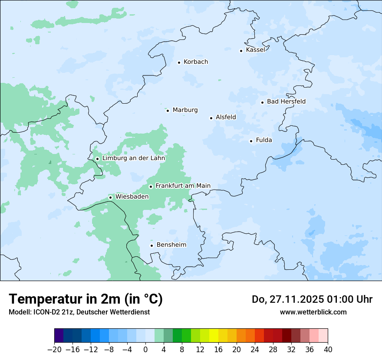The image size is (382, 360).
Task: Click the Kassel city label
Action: click(255, 50)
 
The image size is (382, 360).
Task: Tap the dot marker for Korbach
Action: click(179, 62)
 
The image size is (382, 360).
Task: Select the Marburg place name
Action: click(185, 110)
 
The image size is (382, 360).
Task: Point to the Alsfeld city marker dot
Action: click(211, 118)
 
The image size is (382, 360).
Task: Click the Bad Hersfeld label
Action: click(286, 102)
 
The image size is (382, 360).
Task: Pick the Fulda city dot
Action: click(251, 141)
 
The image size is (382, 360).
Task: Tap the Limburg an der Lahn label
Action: click(133, 158)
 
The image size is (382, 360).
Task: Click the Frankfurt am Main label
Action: click(183, 186)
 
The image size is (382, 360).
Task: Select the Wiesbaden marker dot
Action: click(111, 197)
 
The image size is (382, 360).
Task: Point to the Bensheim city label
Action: click(171, 245)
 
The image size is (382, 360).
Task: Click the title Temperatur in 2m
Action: click(86, 299)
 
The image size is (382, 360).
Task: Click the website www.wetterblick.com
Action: click(313, 312)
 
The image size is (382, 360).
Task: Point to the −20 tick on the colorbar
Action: click(55, 349)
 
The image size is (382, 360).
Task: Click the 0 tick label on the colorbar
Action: click(145, 349)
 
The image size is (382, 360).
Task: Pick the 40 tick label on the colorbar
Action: click(328, 349)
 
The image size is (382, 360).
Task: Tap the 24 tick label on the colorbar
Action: click(255, 349)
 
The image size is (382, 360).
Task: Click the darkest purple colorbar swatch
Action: click(59, 336)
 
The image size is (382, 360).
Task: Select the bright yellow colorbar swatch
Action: click(214, 336)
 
